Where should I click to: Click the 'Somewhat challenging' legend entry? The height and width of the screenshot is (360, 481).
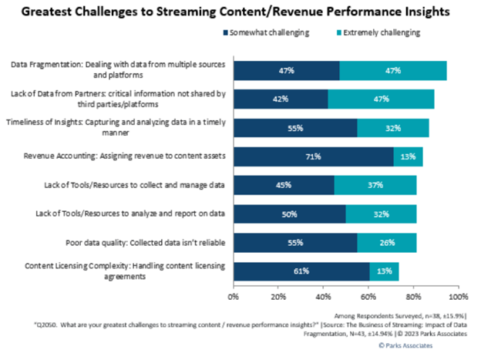point(264,33)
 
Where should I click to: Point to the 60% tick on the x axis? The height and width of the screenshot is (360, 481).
point(368,295)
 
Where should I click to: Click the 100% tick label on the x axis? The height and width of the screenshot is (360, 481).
point(459,295)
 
